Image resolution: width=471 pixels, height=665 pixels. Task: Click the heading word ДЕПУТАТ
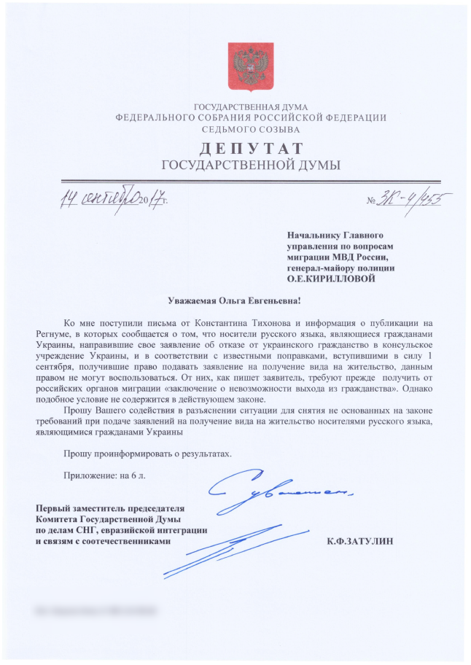pyautogui.click(x=250, y=150)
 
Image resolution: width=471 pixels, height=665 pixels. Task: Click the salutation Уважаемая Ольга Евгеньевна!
pyautogui.click(x=235, y=300)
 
